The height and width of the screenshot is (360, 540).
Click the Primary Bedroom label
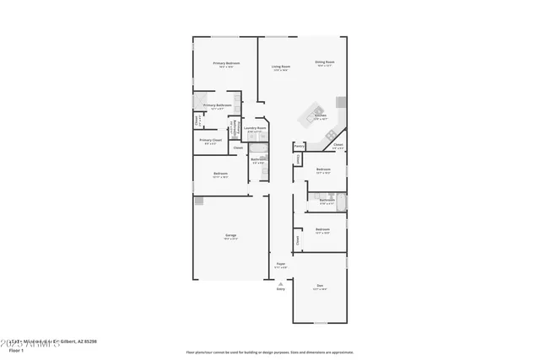point(226,63)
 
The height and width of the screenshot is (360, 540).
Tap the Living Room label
point(281,67)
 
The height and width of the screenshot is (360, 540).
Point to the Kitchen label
point(321,116)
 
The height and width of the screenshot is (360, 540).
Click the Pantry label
point(299,145)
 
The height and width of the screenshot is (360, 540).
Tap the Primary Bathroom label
point(218,105)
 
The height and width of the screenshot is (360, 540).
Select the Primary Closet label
point(210,140)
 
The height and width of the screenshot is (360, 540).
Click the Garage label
point(230,235)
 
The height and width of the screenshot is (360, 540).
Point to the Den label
point(321,286)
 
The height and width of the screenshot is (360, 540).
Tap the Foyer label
point(280,264)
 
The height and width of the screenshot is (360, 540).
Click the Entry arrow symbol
point(280,283)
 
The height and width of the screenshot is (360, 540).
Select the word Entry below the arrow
point(280,289)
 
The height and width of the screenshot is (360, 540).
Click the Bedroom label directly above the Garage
point(220,174)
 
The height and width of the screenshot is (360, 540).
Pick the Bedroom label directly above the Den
point(322,229)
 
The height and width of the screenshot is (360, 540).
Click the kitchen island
point(316,109)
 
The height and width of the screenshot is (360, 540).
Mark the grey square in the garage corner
point(199,201)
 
